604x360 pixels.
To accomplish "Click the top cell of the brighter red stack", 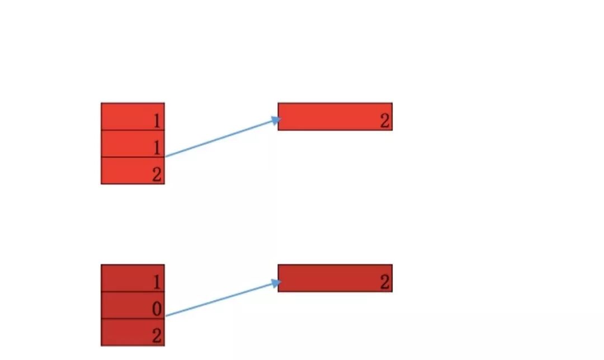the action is click(133, 116).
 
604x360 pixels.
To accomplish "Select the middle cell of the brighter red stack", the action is click(133, 144).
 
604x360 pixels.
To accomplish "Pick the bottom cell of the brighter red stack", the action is click(133, 170).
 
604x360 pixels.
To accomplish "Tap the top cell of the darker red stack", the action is click(133, 278).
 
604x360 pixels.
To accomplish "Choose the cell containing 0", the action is click(133, 305).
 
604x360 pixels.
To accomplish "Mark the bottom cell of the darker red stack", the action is click(133, 333).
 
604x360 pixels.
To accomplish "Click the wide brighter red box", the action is click(334, 116).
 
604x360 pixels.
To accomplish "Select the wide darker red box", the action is click(334, 278).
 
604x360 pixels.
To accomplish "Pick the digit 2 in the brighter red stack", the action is click(157, 174).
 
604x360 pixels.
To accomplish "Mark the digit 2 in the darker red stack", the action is click(157, 336).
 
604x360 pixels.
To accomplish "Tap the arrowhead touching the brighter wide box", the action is click(275, 120).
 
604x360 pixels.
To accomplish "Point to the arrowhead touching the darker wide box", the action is click(275, 283).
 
